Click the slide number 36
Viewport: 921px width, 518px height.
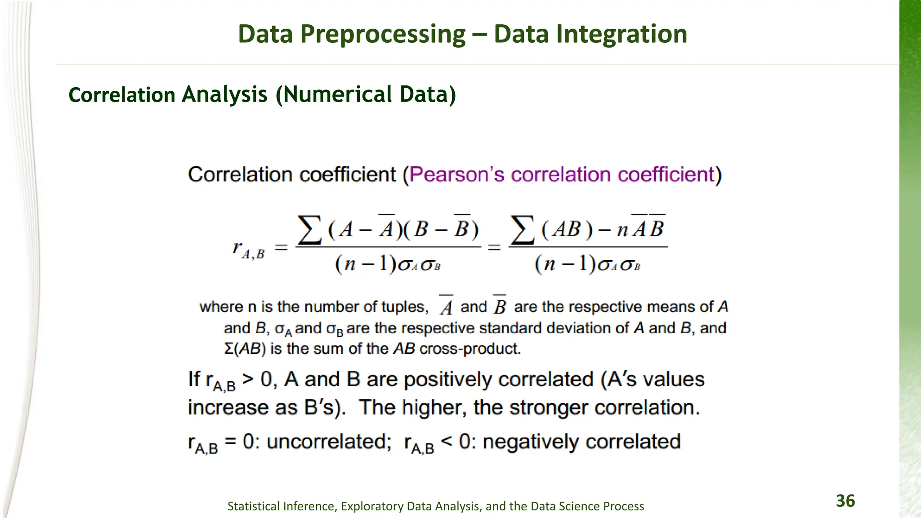pos(845,501)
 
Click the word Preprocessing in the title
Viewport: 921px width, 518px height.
pos(383,34)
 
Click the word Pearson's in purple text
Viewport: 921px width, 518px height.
pos(457,174)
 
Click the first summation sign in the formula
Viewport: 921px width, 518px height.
pos(310,230)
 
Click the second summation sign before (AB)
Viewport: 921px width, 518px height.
pos(523,230)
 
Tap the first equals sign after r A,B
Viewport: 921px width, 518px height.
pos(281,247)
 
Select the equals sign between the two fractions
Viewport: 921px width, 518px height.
pos(494,247)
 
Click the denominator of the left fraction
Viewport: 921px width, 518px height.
pos(388,264)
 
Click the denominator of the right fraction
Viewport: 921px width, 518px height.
pos(587,264)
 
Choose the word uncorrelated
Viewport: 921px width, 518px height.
pos(329,442)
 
